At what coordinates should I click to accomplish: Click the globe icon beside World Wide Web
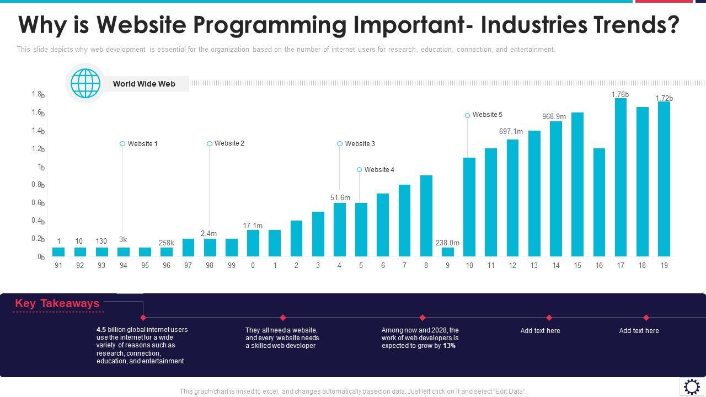coord(85,84)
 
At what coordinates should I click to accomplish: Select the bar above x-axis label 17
coord(621,177)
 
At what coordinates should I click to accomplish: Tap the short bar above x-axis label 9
coord(448,252)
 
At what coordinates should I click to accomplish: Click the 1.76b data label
coord(620,95)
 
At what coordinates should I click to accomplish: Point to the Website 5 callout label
coord(488,115)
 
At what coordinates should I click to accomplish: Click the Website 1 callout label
coord(143,144)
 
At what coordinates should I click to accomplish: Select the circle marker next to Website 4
coord(359,170)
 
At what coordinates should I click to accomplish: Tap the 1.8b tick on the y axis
coord(38,95)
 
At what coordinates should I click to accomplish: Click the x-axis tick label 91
coord(58,265)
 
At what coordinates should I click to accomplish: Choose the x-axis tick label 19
coord(664,265)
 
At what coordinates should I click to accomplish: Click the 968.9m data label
coord(554,116)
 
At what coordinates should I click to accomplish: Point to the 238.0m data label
coord(447,243)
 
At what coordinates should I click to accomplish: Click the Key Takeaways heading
coord(57,303)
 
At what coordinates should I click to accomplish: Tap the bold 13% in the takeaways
coord(449,346)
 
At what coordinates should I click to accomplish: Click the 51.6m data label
coord(340,197)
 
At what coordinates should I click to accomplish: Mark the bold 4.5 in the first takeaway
coord(101,330)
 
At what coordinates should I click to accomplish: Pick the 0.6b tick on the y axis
coord(38,203)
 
